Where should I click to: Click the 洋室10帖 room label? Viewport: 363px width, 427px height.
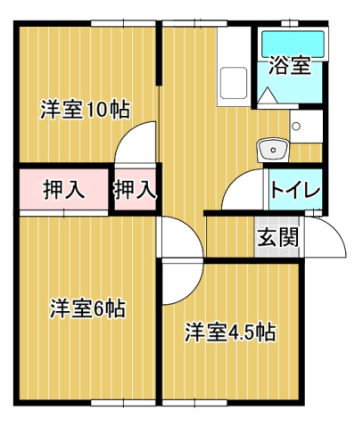(85, 110)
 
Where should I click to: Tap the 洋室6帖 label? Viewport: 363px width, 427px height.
(87, 309)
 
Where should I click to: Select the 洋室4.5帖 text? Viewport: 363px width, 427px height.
(229, 333)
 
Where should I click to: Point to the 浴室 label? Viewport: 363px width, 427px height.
(290, 67)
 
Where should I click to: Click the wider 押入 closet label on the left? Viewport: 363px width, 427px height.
(63, 189)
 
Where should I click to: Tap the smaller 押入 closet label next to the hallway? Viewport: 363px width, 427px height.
(135, 189)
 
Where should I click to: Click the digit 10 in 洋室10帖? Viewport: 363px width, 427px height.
(96, 110)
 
